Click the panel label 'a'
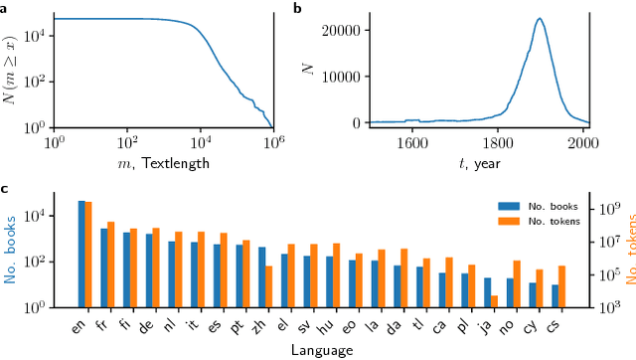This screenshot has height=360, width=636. click(x=4, y=8)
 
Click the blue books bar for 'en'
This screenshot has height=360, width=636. click(x=81, y=254)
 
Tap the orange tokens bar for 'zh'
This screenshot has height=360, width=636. click(x=268, y=285)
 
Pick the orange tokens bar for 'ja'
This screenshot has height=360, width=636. click(x=493, y=300)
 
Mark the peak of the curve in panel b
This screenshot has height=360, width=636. click(x=539, y=18)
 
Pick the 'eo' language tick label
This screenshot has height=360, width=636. click(x=355, y=325)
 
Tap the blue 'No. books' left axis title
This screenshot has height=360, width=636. click(x=13, y=253)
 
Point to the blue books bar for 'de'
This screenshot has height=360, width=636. click(x=149, y=270)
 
